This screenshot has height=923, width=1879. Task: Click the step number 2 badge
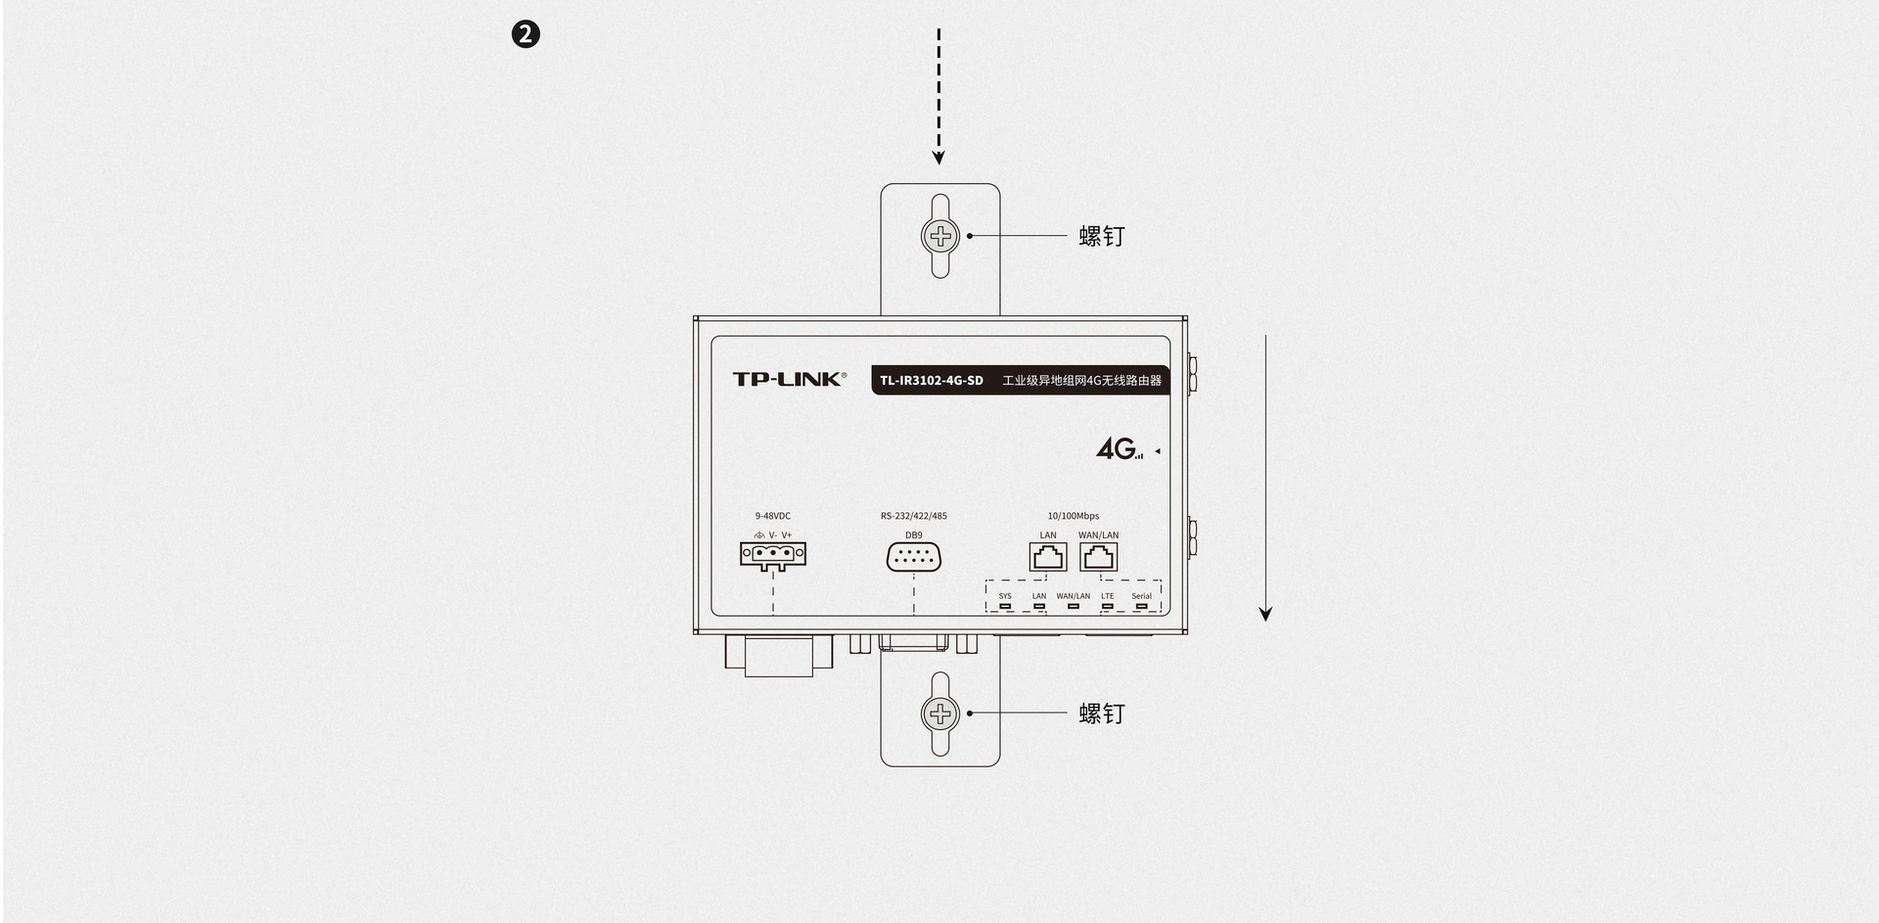click(527, 35)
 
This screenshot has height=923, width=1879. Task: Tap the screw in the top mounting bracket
click(940, 235)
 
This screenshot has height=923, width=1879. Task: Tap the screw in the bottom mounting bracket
click(940, 714)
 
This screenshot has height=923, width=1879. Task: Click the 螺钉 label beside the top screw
click(1102, 236)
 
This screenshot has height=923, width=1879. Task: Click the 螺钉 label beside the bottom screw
click(1102, 714)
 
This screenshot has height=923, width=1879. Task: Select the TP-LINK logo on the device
click(789, 379)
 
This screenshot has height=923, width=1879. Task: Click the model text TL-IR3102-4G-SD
click(931, 381)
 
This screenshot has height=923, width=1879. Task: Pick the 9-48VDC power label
click(773, 516)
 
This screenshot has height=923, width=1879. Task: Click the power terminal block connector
click(773, 555)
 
